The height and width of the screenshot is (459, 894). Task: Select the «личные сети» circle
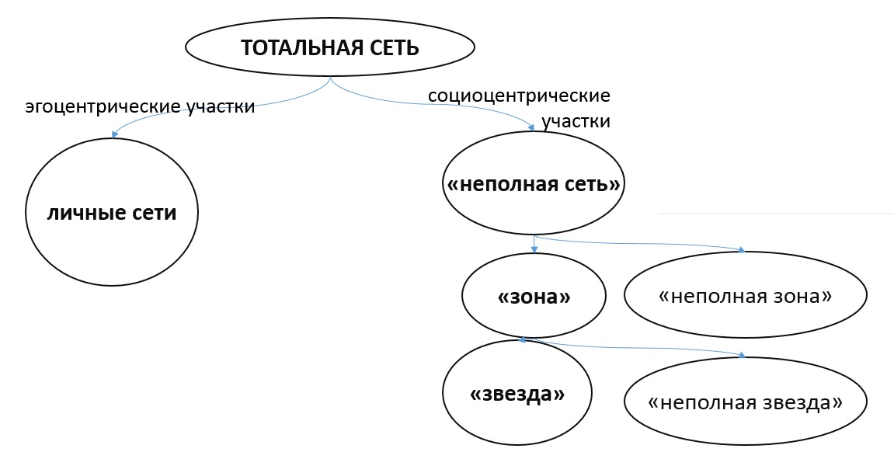click(x=112, y=213)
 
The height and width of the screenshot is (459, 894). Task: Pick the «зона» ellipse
click(x=533, y=297)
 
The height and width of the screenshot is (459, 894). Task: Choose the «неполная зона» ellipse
click(x=745, y=296)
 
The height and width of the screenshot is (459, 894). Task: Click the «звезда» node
click(x=517, y=394)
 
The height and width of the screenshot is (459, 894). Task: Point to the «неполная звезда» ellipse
click(x=745, y=402)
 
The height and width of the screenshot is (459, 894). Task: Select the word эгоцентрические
click(x=89, y=107)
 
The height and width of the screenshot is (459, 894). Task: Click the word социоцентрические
click(x=519, y=97)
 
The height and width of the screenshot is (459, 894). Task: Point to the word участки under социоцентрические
click(x=576, y=122)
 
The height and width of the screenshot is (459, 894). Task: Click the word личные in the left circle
click(x=79, y=213)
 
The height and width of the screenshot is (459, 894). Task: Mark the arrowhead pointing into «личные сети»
click(x=114, y=135)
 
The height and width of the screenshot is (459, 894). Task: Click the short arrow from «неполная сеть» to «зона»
click(x=534, y=243)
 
